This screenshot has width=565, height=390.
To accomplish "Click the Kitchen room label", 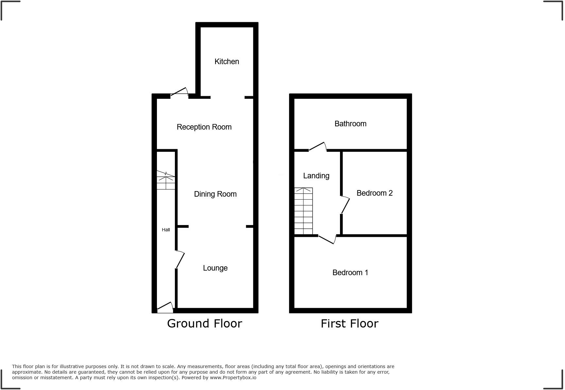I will (227, 62).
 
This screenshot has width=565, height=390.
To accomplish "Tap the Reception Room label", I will (204, 127).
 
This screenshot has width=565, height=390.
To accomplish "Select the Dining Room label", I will (215, 194).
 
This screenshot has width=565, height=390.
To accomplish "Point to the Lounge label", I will (215, 268).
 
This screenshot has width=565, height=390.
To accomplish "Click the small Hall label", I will (166, 230).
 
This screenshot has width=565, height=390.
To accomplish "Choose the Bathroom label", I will (350, 124).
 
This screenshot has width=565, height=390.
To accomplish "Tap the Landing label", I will (316, 176).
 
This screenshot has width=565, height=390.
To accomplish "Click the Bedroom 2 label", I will (374, 193).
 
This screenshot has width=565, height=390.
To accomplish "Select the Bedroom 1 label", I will (350, 273).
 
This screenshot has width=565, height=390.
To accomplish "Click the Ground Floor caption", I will (204, 323).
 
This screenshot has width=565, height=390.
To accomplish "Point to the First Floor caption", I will (349, 323).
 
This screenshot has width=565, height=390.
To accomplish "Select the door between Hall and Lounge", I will (180, 259).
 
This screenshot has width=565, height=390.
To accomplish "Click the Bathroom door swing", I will (317, 147).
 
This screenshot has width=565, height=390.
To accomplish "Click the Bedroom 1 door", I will (327, 239).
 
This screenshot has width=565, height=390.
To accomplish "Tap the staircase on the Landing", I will (303, 211).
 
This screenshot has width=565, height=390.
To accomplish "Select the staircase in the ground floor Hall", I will (166, 180).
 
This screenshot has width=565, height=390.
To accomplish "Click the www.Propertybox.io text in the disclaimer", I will (233, 378).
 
